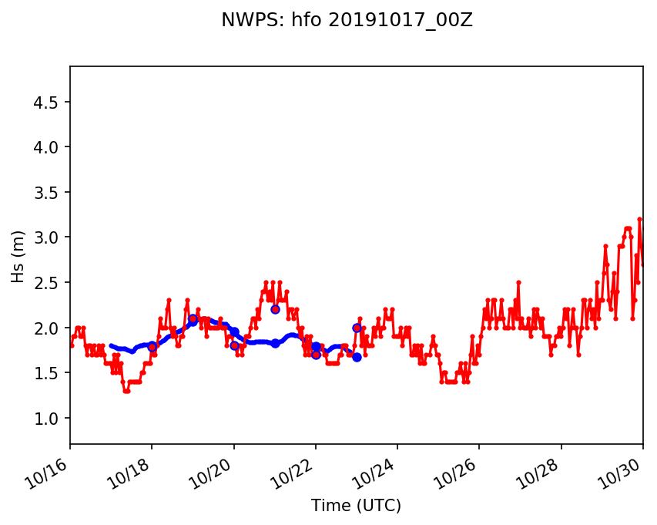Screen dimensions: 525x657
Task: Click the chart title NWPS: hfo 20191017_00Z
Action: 347,20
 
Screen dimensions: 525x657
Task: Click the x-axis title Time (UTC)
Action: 356,506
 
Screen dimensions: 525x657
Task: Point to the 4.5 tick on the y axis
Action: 49,103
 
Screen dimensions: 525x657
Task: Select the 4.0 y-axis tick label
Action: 49,147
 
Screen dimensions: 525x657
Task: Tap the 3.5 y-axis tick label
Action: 49,193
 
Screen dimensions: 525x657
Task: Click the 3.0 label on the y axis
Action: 49,237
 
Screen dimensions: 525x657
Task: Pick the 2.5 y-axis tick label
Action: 49,283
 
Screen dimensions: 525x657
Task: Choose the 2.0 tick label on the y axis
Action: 49,328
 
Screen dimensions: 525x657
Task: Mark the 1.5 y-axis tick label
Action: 49,373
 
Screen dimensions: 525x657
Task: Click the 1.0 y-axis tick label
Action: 49,418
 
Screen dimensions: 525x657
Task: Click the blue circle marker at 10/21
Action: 275,309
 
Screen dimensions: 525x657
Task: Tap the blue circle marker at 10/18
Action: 153,347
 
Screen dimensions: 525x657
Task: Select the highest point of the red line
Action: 639,219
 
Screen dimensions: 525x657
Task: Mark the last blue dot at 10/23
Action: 357,357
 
